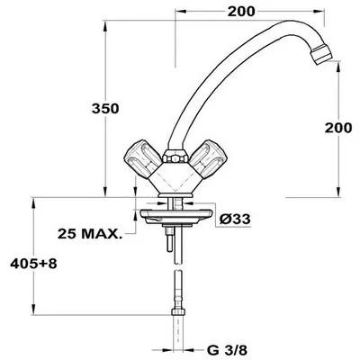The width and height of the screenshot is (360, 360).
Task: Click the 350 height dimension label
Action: [105, 109]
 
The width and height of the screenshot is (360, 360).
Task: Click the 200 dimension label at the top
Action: [241, 12]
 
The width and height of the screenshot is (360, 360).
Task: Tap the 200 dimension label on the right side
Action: [338, 128]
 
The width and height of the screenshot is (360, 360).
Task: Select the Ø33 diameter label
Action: [235, 219]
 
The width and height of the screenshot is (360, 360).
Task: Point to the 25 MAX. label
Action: [90, 234]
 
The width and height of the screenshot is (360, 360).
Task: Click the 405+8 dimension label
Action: [33, 264]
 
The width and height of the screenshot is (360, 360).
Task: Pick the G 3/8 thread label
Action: [227, 349]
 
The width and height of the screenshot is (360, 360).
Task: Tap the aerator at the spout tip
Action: [321, 54]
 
